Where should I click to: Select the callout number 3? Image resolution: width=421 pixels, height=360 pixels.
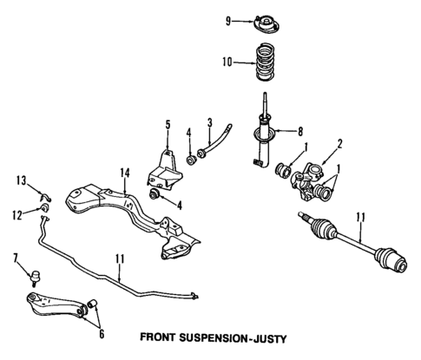209,121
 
